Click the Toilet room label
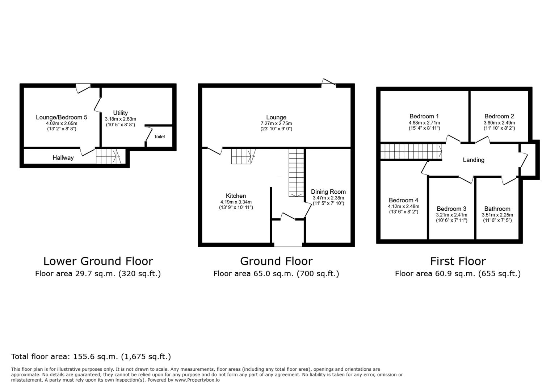159,136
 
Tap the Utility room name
120,113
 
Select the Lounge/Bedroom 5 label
62,117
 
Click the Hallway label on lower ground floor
63,157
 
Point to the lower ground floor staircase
108,156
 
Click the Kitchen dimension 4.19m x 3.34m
236,202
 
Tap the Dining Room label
328,192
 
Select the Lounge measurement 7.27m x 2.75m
276,123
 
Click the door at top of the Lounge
329,83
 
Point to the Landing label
473,160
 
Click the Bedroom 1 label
424,116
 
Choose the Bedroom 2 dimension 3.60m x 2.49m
499,123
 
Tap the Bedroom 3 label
451,209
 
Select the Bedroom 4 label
403,200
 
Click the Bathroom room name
497,209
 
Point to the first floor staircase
411,151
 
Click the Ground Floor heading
276,261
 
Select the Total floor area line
91,357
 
